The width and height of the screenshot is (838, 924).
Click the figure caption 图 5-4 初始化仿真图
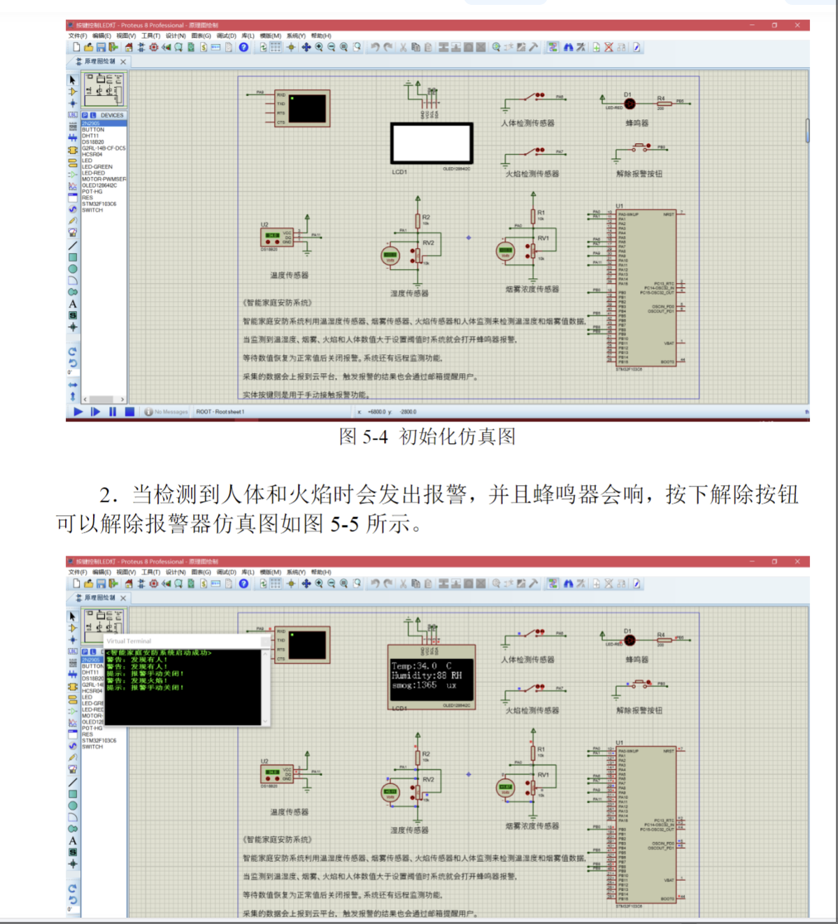pyautogui.click(x=427, y=437)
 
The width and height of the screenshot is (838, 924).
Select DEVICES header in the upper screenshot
pyautogui.click(x=111, y=115)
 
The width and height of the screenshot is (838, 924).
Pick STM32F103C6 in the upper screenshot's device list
pyautogui.click(x=99, y=204)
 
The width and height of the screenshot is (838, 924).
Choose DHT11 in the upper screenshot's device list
pyautogui.click(x=90, y=136)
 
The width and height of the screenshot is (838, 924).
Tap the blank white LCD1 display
pyautogui.click(x=431, y=143)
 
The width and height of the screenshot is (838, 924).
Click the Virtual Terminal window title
pyautogui.click(x=129, y=641)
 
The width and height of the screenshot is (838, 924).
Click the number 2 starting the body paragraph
pyautogui.click(x=107, y=496)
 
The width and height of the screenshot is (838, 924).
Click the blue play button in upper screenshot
pyautogui.click(x=78, y=412)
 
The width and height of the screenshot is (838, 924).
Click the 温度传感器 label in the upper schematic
pyautogui.click(x=289, y=275)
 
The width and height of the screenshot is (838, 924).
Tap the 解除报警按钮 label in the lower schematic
pyautogui.click(x=639, y=710)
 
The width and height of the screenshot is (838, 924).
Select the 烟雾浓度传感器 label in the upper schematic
pyautogui.click(x=532, y=289)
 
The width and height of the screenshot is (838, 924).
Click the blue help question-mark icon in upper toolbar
pyautogui.click(x=243, y=48)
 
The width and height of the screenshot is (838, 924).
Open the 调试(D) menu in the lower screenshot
pyautogui.click(x=226, y=572)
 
